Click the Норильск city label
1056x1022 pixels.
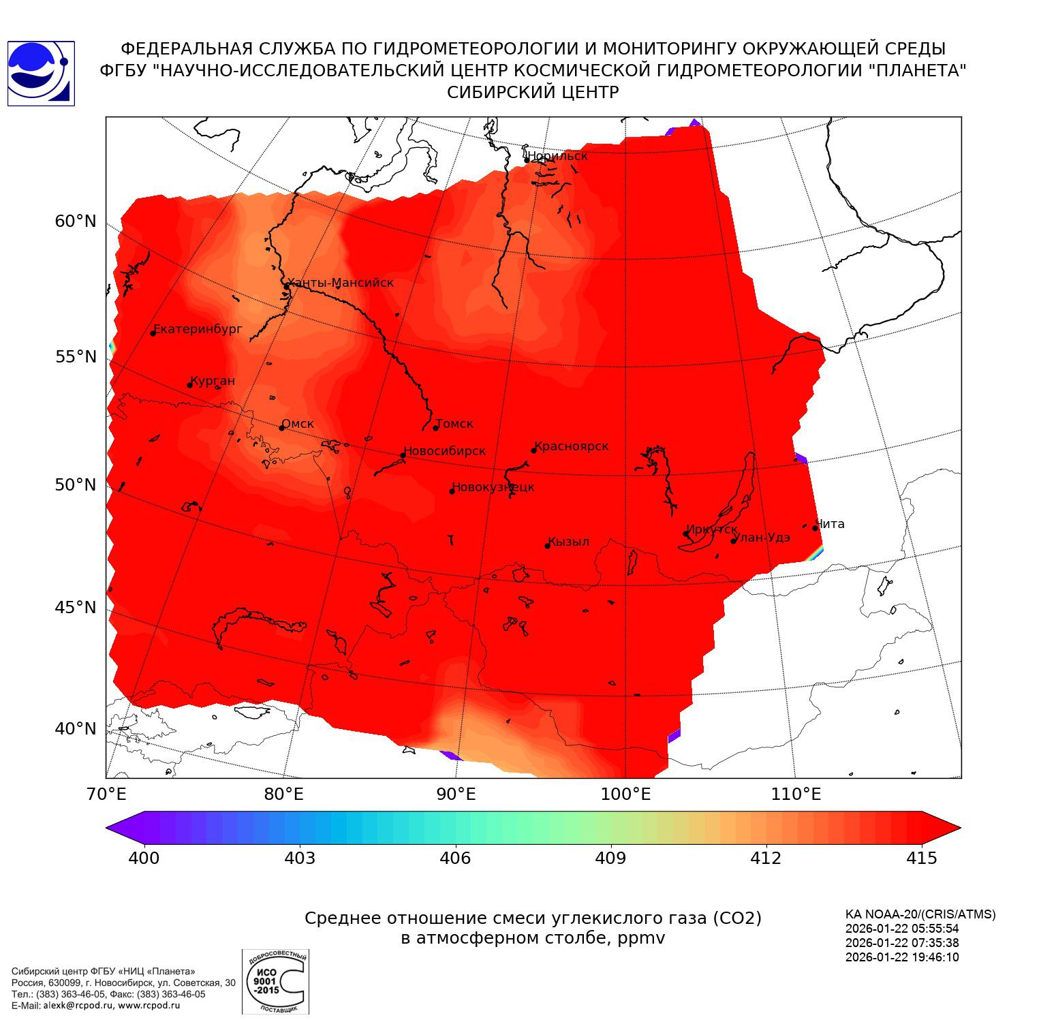click(557, 156)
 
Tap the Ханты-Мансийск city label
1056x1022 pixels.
click(340, 283)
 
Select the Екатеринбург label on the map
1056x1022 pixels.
click(198, 330)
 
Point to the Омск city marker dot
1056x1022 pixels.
click(281, 428)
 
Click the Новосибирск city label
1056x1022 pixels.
click(445, 452)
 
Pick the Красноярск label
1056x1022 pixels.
click(572, 447)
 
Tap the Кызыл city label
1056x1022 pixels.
click(569, 542)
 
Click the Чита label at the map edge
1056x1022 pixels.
click(830, 524)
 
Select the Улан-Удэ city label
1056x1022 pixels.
click(761, 538)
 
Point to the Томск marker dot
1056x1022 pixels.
click(436, 428)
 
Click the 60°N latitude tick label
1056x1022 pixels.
click(76, 221)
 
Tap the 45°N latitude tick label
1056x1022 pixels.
click(76, 607)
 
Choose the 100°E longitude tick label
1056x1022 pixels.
click(625, 794)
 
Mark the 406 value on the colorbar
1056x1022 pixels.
click(455, 858)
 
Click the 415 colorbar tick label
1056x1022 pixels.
click(922, 858)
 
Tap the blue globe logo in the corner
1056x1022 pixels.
click(40, 74)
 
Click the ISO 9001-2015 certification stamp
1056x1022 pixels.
click(275, 982)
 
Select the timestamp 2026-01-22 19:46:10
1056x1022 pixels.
click(901, 957)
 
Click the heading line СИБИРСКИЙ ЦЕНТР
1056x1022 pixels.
click(533, 93)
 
